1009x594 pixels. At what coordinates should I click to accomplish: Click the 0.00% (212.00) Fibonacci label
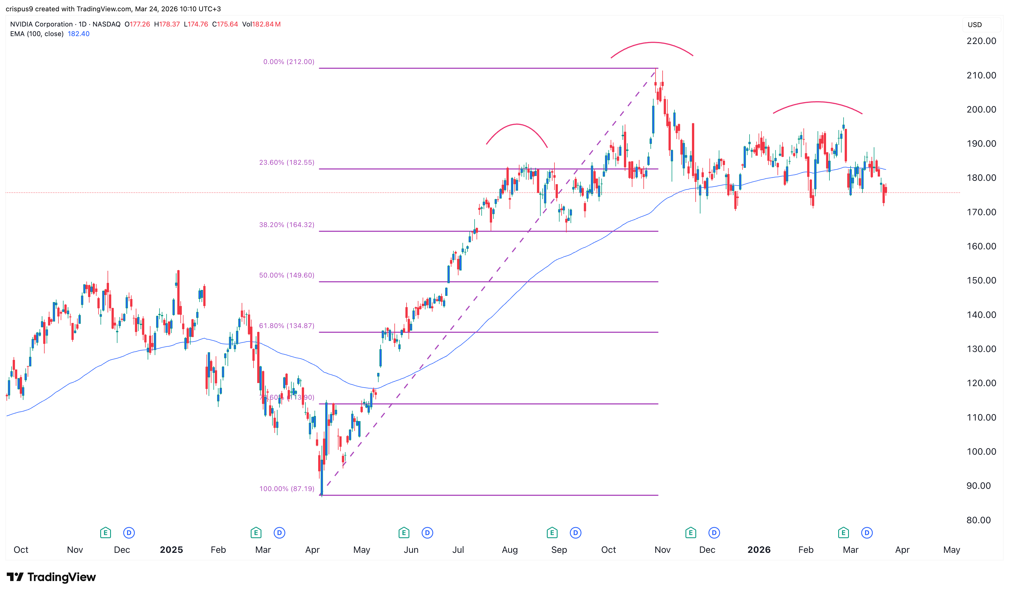289,62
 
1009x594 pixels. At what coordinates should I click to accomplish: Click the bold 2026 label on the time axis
759,550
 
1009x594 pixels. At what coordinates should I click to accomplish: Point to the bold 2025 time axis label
171,550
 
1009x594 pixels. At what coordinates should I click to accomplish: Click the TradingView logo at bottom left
51,577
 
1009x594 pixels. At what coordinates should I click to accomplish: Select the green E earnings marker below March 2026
843,533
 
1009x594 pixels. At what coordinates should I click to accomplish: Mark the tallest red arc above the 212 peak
652,43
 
